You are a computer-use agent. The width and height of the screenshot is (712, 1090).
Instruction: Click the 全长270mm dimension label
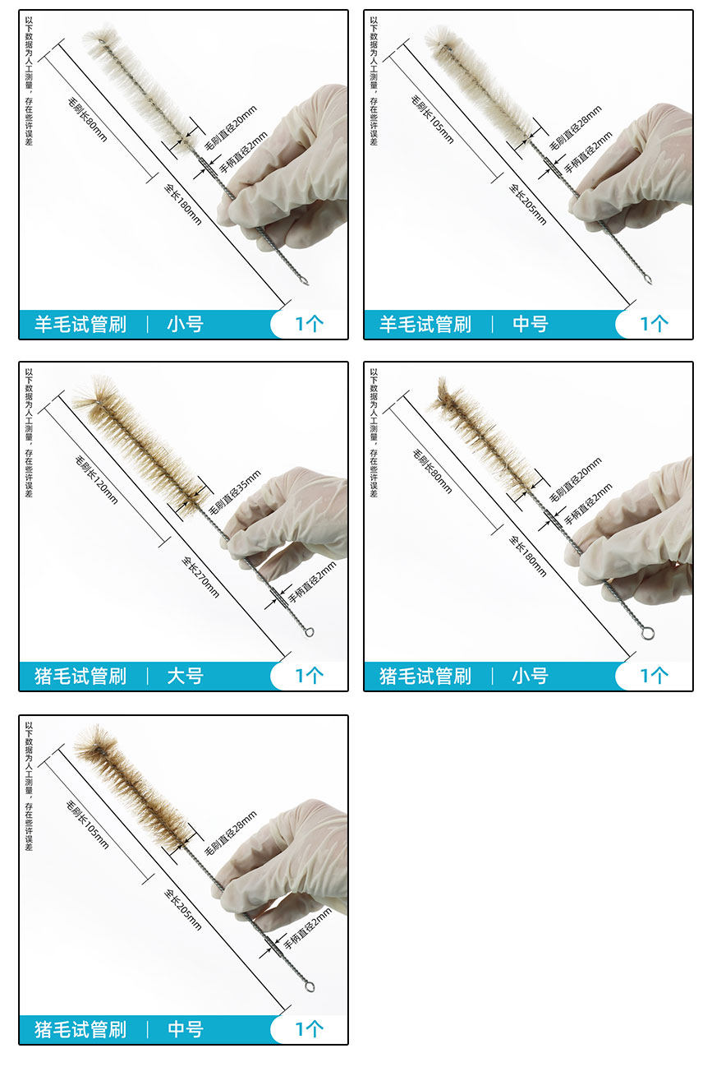(200, 577)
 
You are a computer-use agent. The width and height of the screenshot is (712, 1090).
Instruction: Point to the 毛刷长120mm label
(96, 479)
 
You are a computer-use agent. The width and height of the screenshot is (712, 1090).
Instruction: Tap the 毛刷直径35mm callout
(235, 492)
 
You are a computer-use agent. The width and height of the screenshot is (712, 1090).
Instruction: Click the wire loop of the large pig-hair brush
(309, 632)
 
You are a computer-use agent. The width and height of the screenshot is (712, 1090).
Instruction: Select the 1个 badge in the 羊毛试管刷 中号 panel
(655, 324)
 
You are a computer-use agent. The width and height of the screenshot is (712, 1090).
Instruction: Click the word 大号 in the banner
(185, 676)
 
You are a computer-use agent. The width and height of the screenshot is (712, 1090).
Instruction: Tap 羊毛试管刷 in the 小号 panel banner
(80, 324)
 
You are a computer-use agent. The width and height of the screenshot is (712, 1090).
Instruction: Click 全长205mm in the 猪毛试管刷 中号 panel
(182, 909)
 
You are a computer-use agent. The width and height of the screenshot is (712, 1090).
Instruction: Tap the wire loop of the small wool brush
(303, 281)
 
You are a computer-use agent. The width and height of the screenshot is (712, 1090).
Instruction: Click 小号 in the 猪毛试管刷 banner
(531, 676)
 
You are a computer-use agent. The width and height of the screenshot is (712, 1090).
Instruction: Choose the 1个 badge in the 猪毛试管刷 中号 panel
(309, 1029)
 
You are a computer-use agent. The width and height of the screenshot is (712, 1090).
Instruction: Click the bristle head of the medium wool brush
(480, 84)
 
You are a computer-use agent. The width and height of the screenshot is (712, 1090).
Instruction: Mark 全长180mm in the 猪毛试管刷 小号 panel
(528, 557)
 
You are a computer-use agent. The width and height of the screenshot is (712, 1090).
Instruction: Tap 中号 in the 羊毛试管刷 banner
(531, 324)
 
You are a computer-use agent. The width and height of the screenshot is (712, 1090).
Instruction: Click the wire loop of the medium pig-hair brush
(309, 986)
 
